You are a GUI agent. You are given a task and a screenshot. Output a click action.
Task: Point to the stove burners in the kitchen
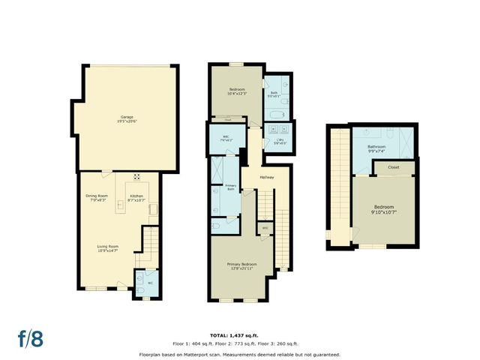(x=137, y=178)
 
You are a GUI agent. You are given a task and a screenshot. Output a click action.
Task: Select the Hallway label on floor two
(x=266, y=178)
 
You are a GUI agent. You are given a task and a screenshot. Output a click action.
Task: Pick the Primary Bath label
(x=230, y=188)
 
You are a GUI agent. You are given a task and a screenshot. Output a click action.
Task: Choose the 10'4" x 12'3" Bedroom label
(x=236, y=91)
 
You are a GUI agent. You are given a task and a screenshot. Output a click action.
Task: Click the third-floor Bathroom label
(x=376, y=148)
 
